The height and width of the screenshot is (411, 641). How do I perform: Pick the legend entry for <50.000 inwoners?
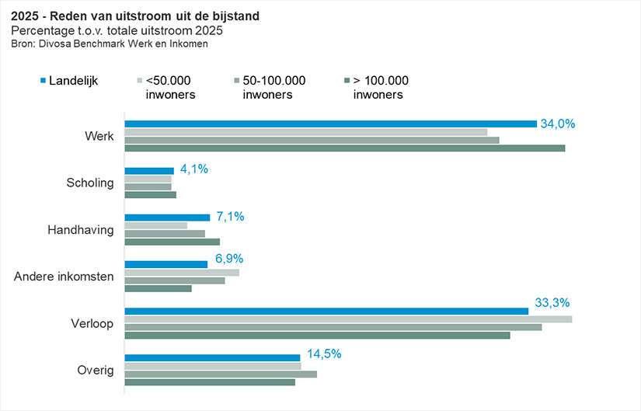[169, 87]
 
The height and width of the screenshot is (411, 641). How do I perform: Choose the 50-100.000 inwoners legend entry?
[273, 87]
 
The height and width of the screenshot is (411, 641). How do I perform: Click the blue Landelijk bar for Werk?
[330, 124]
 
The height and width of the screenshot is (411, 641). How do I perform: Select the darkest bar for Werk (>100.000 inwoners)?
[344, 148]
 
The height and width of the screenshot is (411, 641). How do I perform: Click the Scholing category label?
[91, 183]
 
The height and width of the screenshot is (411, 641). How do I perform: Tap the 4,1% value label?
[194, 169]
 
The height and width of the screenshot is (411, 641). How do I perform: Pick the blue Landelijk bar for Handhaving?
[167, 218]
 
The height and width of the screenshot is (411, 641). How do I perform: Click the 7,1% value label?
[230, 217]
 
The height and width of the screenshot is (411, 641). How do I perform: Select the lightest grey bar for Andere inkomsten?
[182, 272]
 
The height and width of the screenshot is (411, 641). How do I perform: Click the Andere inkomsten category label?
[64, 276]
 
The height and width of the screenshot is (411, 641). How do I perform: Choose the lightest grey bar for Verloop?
[348, 319]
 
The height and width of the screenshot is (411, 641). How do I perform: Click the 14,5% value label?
[324, 354]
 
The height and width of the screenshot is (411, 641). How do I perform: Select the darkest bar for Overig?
[210, 382]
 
